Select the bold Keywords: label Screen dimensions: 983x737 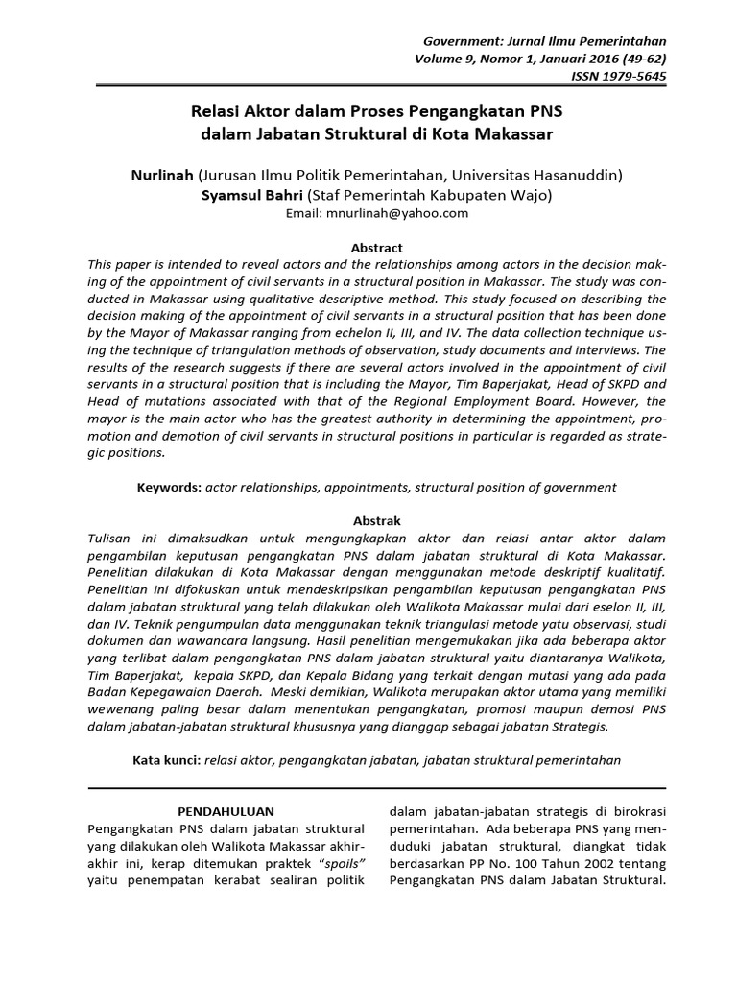pyautogui.click(x=169, y=488)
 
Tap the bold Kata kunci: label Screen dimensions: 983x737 pyautogui.click(x=165, y=760)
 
